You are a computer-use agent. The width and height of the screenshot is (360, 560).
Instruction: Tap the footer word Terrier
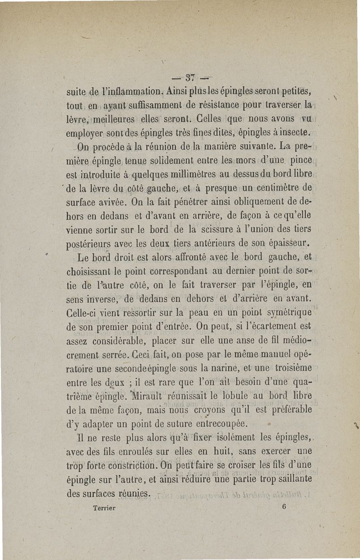(x=104, y=507)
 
